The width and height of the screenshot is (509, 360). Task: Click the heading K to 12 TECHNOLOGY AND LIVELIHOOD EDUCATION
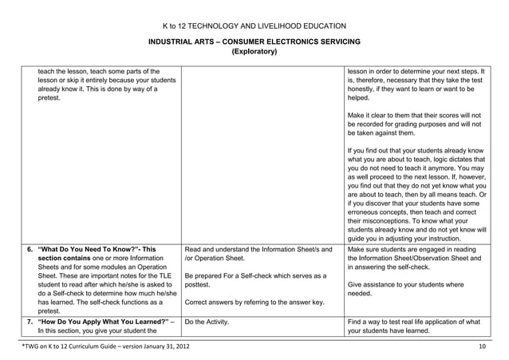pyautogui.click(x=254, y=27)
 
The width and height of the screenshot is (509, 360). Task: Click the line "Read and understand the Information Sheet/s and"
pyautogui.click(x=258, y=250)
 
